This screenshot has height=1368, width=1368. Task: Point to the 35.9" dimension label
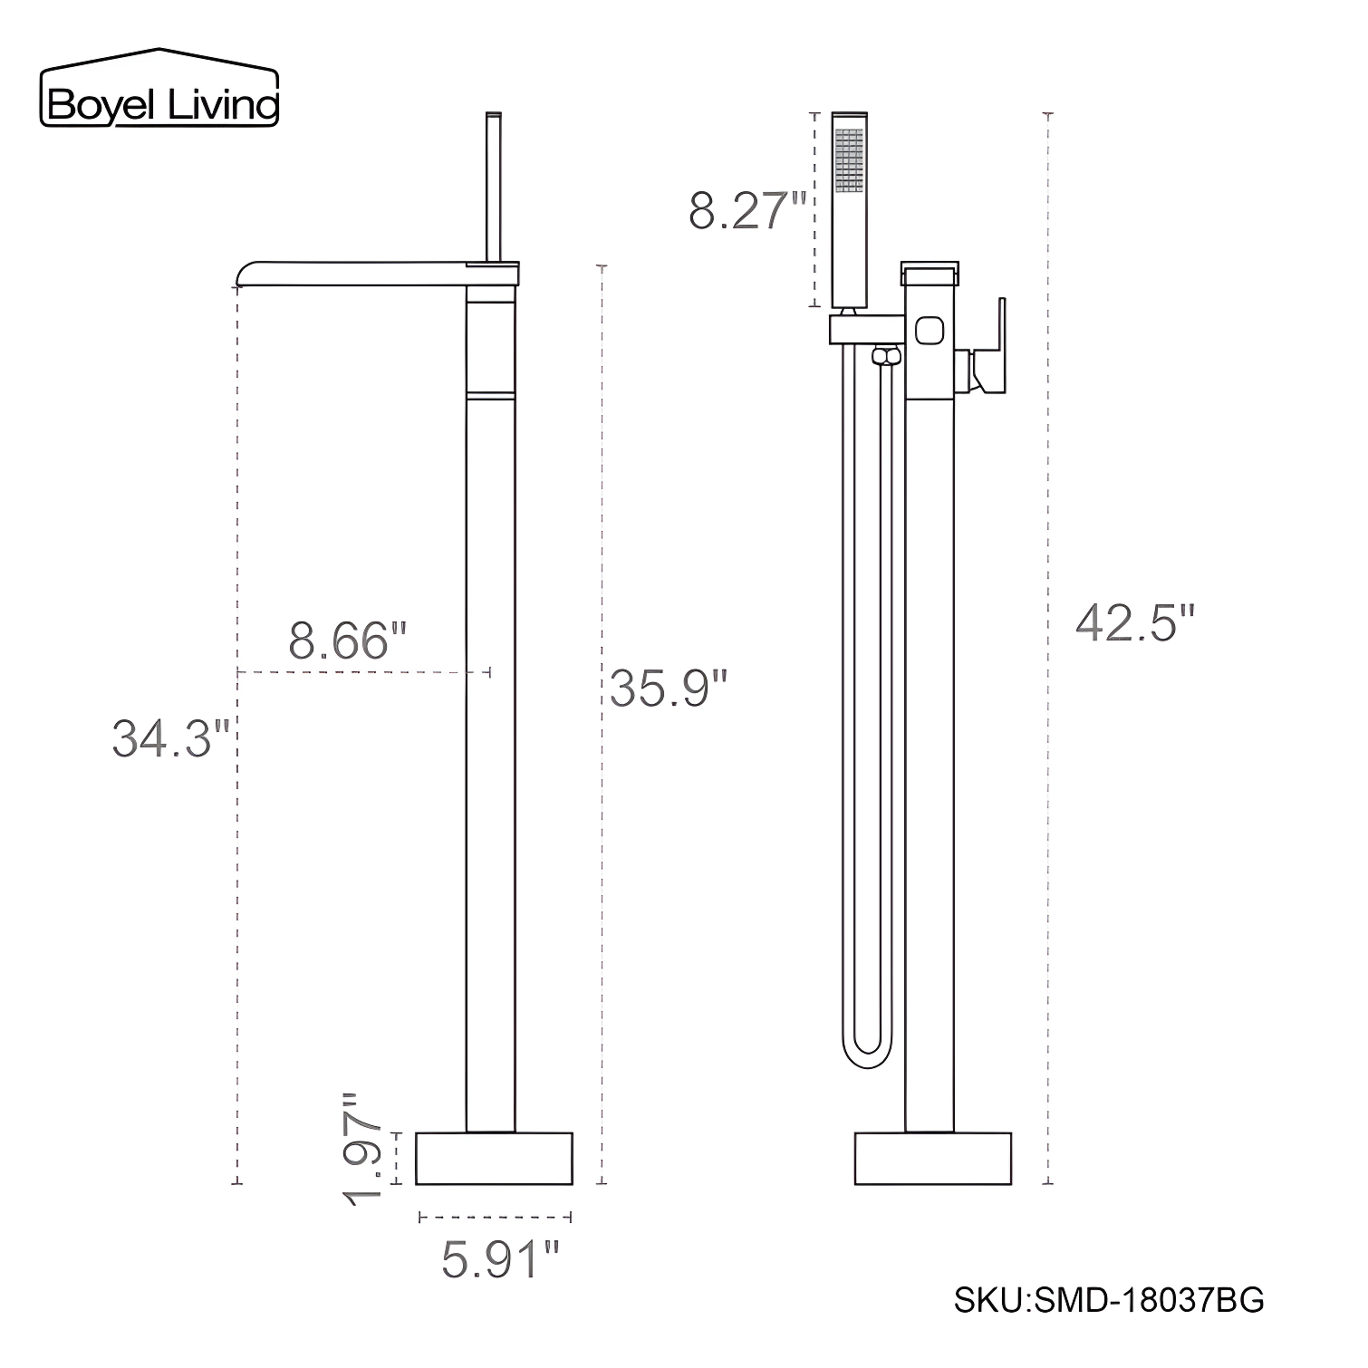click(x=669, y=688)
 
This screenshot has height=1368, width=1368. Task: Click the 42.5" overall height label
click(x=1135, y=623)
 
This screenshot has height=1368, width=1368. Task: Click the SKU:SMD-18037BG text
click(x=1109, y=1301)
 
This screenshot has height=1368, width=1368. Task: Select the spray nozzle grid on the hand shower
click(x=849, y=160)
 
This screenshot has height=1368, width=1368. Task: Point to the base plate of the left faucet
click(x=494, y=1158)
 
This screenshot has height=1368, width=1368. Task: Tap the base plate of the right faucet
click(x=933, y=1158)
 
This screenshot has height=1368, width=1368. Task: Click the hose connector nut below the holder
click(x=886, y=356)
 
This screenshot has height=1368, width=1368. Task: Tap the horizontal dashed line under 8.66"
click(x=362, y=672)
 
